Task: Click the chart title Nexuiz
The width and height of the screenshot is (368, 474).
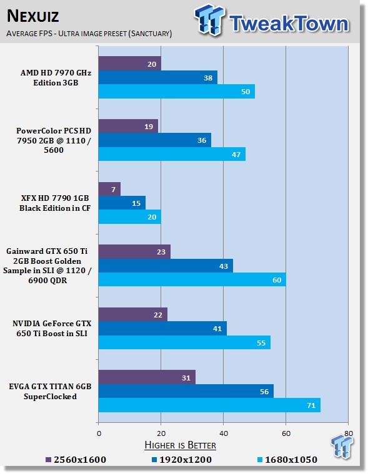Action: click(x=32, y=16)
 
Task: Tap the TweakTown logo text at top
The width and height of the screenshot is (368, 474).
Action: click(x=289, y=23)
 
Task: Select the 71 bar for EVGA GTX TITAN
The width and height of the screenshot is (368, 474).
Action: click(x=209, y=405)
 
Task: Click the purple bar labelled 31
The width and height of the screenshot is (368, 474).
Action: click(x=147, y=377)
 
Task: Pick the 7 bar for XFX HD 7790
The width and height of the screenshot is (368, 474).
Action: click(x=109, y=189)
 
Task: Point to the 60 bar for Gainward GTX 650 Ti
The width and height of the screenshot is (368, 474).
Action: click(x=192, y=279)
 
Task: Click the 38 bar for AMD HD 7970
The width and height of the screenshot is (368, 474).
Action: click(x=158, y=78)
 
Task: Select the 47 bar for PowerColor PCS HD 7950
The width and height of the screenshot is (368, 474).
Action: click(x=172, y=154)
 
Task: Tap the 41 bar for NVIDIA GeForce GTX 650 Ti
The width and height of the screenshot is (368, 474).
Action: click(x=162, y=329)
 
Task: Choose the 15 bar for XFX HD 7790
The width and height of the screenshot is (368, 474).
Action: click(x=122, y=203)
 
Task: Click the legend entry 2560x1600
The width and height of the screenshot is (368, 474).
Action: click(x=76, y=460)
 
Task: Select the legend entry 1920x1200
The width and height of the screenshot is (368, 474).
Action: click(x=182, y=460)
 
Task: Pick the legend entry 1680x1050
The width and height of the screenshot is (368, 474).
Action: click(x=287, y=460)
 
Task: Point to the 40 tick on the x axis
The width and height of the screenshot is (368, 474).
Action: click(x=224, y=433)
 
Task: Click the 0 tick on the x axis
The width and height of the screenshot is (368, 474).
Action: click(x=99, y=433)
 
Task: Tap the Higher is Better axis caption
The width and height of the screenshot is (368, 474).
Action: click(x=180, y=445)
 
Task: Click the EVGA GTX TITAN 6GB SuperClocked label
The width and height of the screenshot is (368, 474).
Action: click(x=50, y=392)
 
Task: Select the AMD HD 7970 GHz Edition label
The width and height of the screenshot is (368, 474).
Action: click(x=56, y=78)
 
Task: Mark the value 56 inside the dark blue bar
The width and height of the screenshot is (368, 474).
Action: click(x=264, y=392)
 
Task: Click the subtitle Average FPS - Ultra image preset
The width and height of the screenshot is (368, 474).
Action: click(x=89, y=33)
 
